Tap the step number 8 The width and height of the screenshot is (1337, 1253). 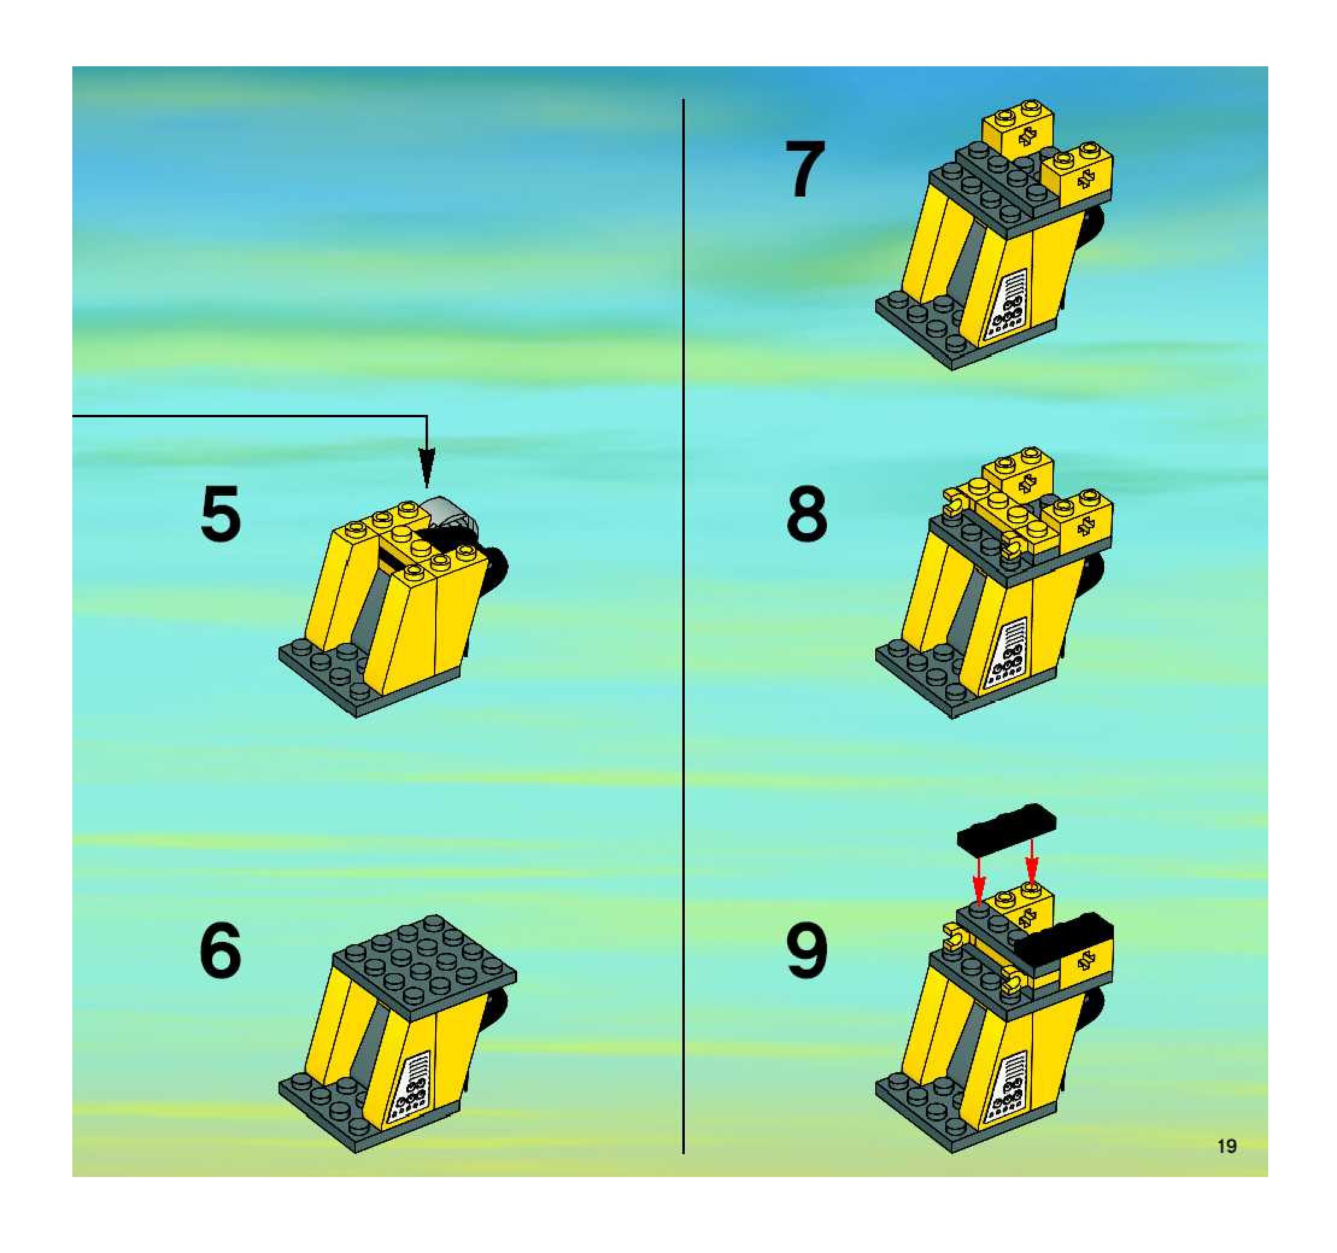[x=807, y=514]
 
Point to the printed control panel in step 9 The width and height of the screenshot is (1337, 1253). [x=1008, y=1088]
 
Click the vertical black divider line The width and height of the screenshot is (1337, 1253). [x=684, y=627]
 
